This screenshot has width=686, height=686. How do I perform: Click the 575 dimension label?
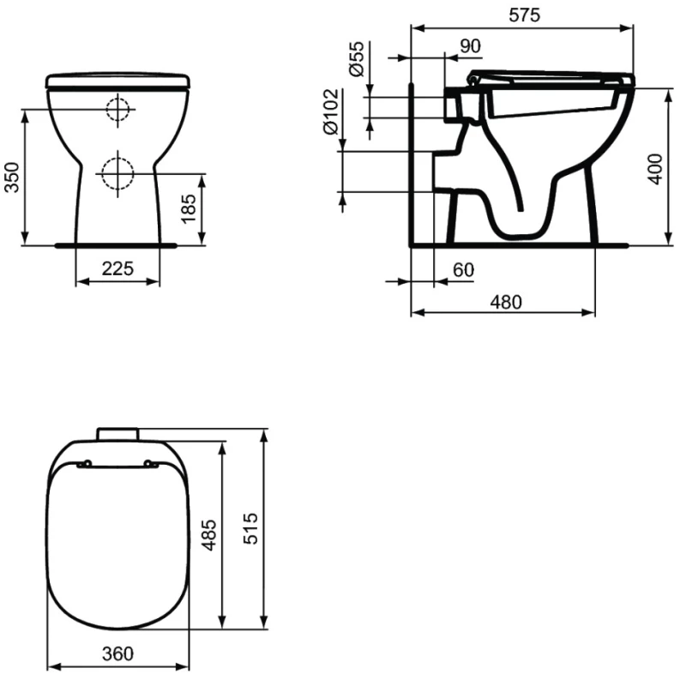(x=524, y=15)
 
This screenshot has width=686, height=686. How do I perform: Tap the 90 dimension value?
(x=470, y=46)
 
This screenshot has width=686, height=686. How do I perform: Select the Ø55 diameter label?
(x=357, y=58)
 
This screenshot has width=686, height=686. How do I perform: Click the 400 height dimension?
(x=655, y=169)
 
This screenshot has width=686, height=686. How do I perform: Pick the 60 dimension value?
(x=463, y=270)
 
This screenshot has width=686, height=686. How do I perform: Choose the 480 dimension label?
(x=506, y=303)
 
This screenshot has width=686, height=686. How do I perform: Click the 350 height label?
(x=12, y=177)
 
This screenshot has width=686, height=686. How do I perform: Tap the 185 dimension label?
(x=189, y=208)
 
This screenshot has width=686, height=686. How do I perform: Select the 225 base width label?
(x=117, y=268)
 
